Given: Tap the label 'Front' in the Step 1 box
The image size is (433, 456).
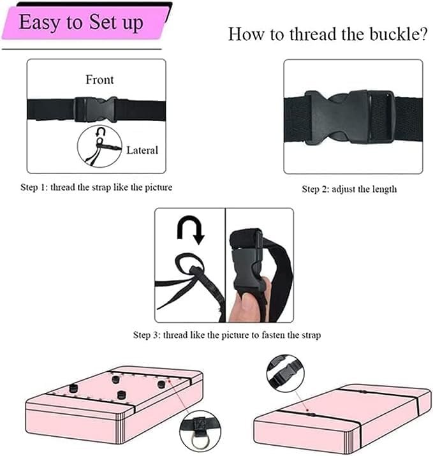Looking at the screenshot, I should [x=99, y=80].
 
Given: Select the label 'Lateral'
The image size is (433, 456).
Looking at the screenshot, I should [x=142, y=151].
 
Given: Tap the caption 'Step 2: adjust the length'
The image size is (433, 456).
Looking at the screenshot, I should [x=349, y=189].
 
